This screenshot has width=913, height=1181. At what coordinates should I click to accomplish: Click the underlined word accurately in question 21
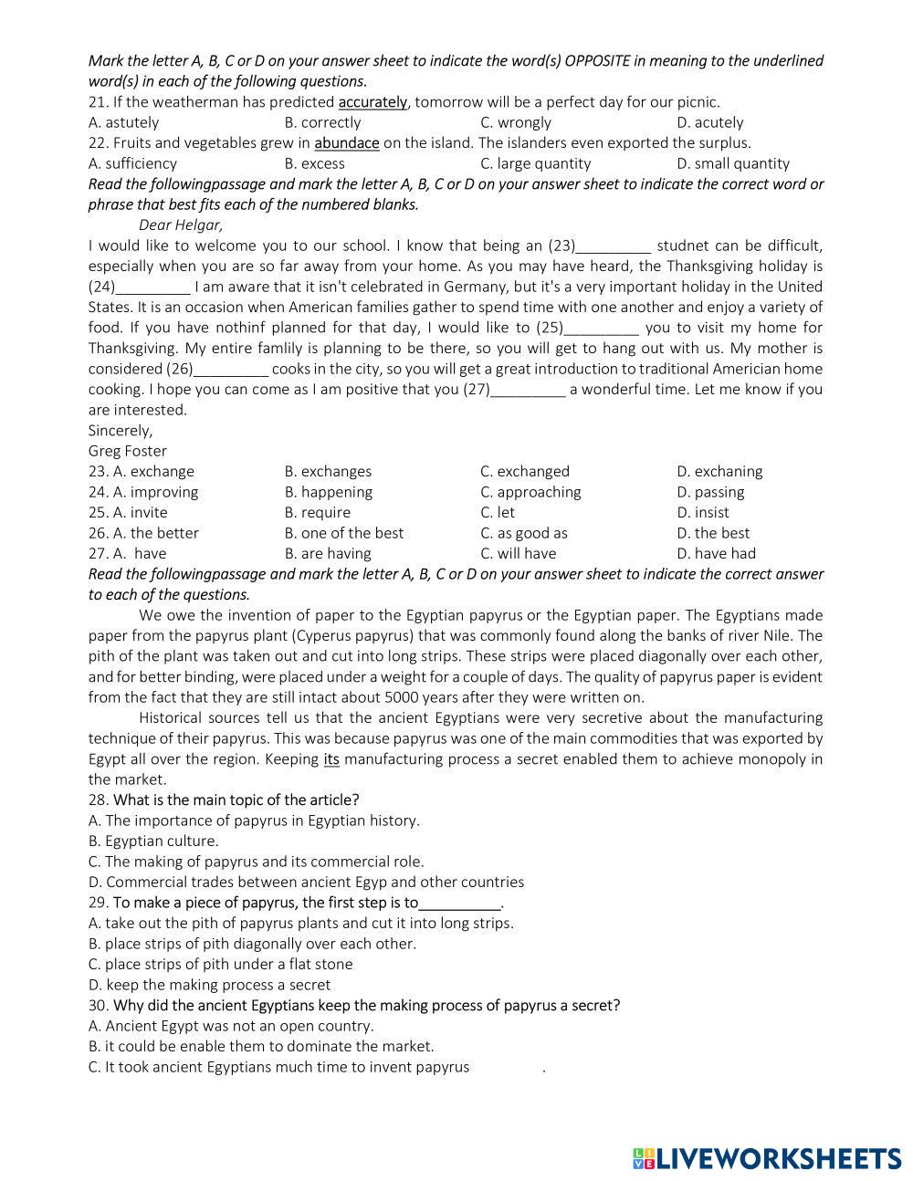pyautogui.click(x=373, y=102)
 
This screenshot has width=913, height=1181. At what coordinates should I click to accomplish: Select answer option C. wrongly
pyautogui.click(x=516, y=122)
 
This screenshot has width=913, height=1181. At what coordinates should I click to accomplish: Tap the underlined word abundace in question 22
pyautogui.click(x=347, y=143)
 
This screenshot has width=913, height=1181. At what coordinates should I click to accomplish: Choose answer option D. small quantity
pyautogui.click(x=733, y=163)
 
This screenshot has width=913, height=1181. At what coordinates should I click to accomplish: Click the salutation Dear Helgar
pyautogui.click(x=181, y=225)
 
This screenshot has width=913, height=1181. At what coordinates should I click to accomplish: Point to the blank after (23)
pyautogui.click(x=614, y=246)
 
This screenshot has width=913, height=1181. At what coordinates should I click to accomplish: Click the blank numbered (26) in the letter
pyautogui.click(x=231, y=369)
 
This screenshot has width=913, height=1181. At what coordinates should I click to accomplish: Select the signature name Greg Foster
pyautogui.click(x=128, y=451)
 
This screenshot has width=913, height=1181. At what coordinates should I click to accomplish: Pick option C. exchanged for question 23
pyautogui.click(x=525, y=471)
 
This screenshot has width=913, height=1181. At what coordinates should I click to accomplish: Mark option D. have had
pyautogui.click(x=717, y=553)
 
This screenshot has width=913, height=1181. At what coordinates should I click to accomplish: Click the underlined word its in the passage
pyautogui.click(x=331, y=759)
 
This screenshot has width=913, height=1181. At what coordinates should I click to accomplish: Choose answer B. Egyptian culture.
pyautogui.click(x=153, y=841)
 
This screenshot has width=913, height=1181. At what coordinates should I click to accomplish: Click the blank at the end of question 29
pyautogui.click(x=460, y=903)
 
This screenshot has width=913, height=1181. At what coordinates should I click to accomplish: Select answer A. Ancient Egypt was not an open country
pyautogui.click(x=231, y=1026)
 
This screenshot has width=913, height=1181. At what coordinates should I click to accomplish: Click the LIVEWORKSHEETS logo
pyautogui.click(x=767, y=1158)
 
